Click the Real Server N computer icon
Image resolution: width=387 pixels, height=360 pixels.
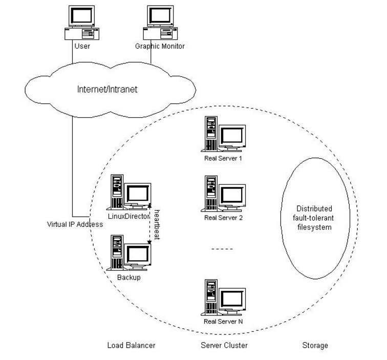click(224, 297)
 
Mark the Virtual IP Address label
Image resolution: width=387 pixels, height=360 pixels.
click(72, 224)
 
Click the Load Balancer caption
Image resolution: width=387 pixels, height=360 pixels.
click(131, 346)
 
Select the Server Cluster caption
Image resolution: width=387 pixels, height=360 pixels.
click(224, 346)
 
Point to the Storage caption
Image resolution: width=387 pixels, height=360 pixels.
click(315, 346)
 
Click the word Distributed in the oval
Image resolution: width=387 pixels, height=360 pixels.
click(314, 208)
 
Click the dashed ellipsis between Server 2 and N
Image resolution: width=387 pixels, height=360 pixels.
click(222, 249)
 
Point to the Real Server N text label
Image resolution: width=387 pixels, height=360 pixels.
click(223, 321)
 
